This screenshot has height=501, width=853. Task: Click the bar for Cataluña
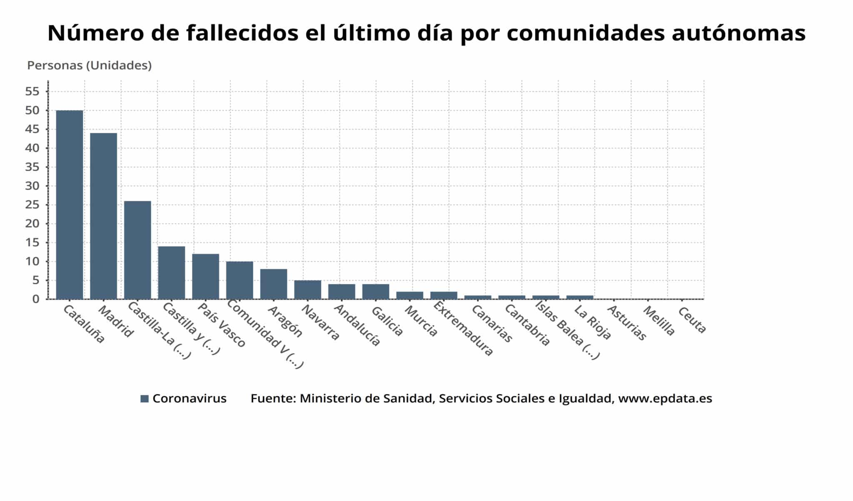[70, 204]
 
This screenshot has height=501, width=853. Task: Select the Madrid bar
[103, 216]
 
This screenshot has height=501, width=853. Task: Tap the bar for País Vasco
[205, 276]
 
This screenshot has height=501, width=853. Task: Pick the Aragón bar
[274, 284]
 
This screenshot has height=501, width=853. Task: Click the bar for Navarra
[307, 289]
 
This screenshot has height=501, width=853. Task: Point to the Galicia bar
[376, 292]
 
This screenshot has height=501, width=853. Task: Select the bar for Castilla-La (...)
[137, 250]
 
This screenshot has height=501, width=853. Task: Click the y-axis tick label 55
[32, 92]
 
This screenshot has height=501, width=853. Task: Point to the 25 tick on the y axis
[32, 205]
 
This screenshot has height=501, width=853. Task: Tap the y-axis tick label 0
[36, 299]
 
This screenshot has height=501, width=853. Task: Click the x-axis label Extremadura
[463, 329]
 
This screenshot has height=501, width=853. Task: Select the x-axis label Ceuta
[692, 320]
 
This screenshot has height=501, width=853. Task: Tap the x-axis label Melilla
[658, 321]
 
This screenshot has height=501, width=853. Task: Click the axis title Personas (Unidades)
[89, 65]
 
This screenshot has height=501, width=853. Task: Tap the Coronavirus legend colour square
[145, 399]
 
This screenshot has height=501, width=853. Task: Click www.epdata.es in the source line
[665, 399]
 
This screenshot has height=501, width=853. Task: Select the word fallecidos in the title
[242, 33]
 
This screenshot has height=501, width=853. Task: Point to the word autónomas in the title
[738, 33]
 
